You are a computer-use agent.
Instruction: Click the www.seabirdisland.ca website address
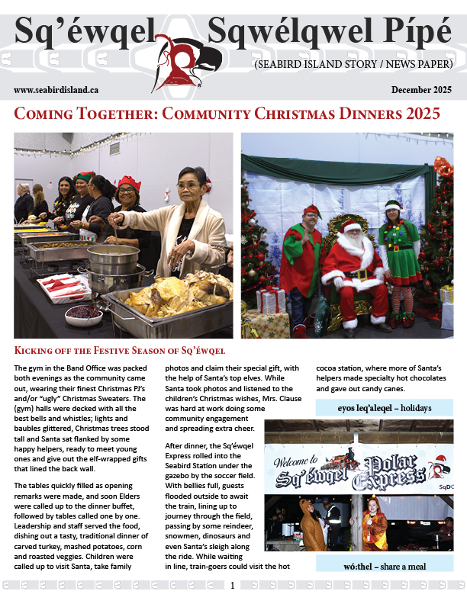(x=56, y=90)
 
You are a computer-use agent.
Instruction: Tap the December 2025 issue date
(x=422, y=90)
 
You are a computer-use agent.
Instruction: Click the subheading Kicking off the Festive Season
(x=120, y=350)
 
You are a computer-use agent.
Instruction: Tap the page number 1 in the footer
(x=233, y=586)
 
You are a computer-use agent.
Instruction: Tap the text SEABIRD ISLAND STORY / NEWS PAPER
(x=353, y=66)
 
